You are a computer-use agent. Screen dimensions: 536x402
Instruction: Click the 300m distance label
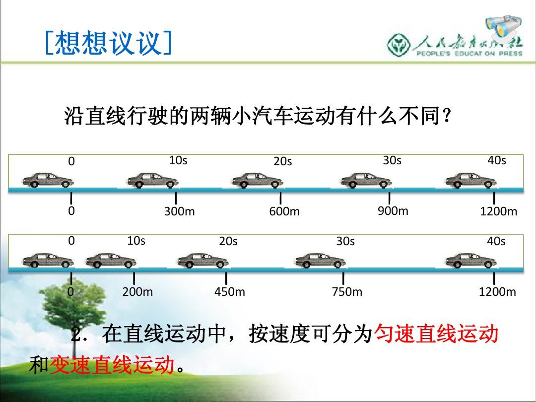pyautogui.click(x=180, y=211)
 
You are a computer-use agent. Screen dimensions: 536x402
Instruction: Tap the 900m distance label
pyautogui.click(x=393, y=211)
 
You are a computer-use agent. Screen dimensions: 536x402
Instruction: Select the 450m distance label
pyautogui.click(x=230, y=292)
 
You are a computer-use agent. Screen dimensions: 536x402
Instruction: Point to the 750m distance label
pyautogui.click(x=347, y=292)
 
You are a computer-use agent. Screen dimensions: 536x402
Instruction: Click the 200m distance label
pyautogui.click(x=138, y=292)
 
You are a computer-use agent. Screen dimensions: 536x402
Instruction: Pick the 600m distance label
pyautogui.click(x=284, y=211)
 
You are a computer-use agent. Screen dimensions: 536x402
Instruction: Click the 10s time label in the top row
pyautogui.click(x=178, y=160)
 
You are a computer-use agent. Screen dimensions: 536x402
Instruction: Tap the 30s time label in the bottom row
pyautogui.click(x=345, y=241)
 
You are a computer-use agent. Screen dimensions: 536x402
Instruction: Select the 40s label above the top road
pyautogui.click(x=497, y=160)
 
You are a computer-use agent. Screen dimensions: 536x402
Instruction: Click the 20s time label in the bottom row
pyautogui.click(x=228, y=241)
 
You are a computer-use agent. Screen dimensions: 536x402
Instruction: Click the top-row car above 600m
pyautogui.click(x=258, y=181)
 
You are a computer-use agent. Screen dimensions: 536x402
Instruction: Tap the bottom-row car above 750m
pyautogui.click(x=321, y=261)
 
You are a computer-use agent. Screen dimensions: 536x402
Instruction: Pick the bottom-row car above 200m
pyautogui.click(x=111, y=261)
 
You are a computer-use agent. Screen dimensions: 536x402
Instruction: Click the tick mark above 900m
pyautogui.click(x=390, y=198)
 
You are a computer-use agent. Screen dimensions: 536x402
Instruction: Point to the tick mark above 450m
pyautogui.click(x=226, y=278)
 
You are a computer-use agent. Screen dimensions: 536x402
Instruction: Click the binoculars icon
pyautogui.click(x=504, y=27)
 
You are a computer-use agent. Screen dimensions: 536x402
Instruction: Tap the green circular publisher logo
pyautogui.click(x=399, y=45)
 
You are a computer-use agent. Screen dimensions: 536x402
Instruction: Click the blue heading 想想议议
pyautogui.click(x=108, y=43)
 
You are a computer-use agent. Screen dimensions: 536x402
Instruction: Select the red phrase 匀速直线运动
pyautogui.click(x=437, y=334)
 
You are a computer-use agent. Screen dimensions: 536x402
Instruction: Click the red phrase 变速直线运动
pyautogui.click(x=112, y=365)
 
